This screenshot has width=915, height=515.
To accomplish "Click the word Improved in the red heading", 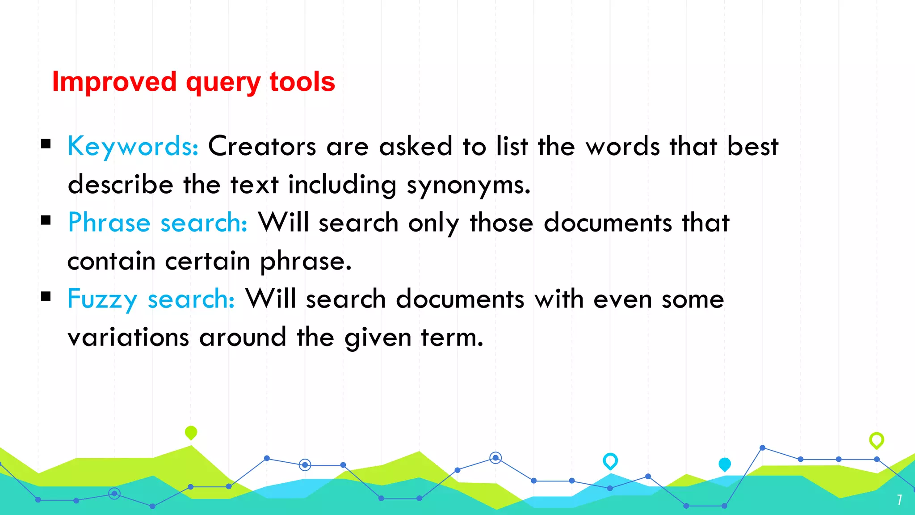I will [114, 82].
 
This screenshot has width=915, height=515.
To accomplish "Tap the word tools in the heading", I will [302, 82].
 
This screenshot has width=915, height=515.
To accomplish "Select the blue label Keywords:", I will [133, 146].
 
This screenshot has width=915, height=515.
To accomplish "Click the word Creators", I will [262, 146].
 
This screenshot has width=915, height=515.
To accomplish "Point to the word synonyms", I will [468, 185].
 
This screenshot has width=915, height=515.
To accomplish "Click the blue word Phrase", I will [109, 223].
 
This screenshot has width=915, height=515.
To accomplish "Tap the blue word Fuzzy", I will [102, 299].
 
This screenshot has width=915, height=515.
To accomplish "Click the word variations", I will [128, 337].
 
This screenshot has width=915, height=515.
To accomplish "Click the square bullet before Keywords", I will [46, 144].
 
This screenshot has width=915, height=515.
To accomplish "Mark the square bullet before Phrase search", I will [46, 220].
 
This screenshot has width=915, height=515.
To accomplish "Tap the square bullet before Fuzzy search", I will [46, 296].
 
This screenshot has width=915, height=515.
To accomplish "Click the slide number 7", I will [899, 500].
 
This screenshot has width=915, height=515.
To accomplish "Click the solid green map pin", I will [191, 432].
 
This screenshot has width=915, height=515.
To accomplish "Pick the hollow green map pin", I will [877, 440].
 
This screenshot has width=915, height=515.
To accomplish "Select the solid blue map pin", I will [725, 464].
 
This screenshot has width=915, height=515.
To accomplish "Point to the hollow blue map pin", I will [610, 461].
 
